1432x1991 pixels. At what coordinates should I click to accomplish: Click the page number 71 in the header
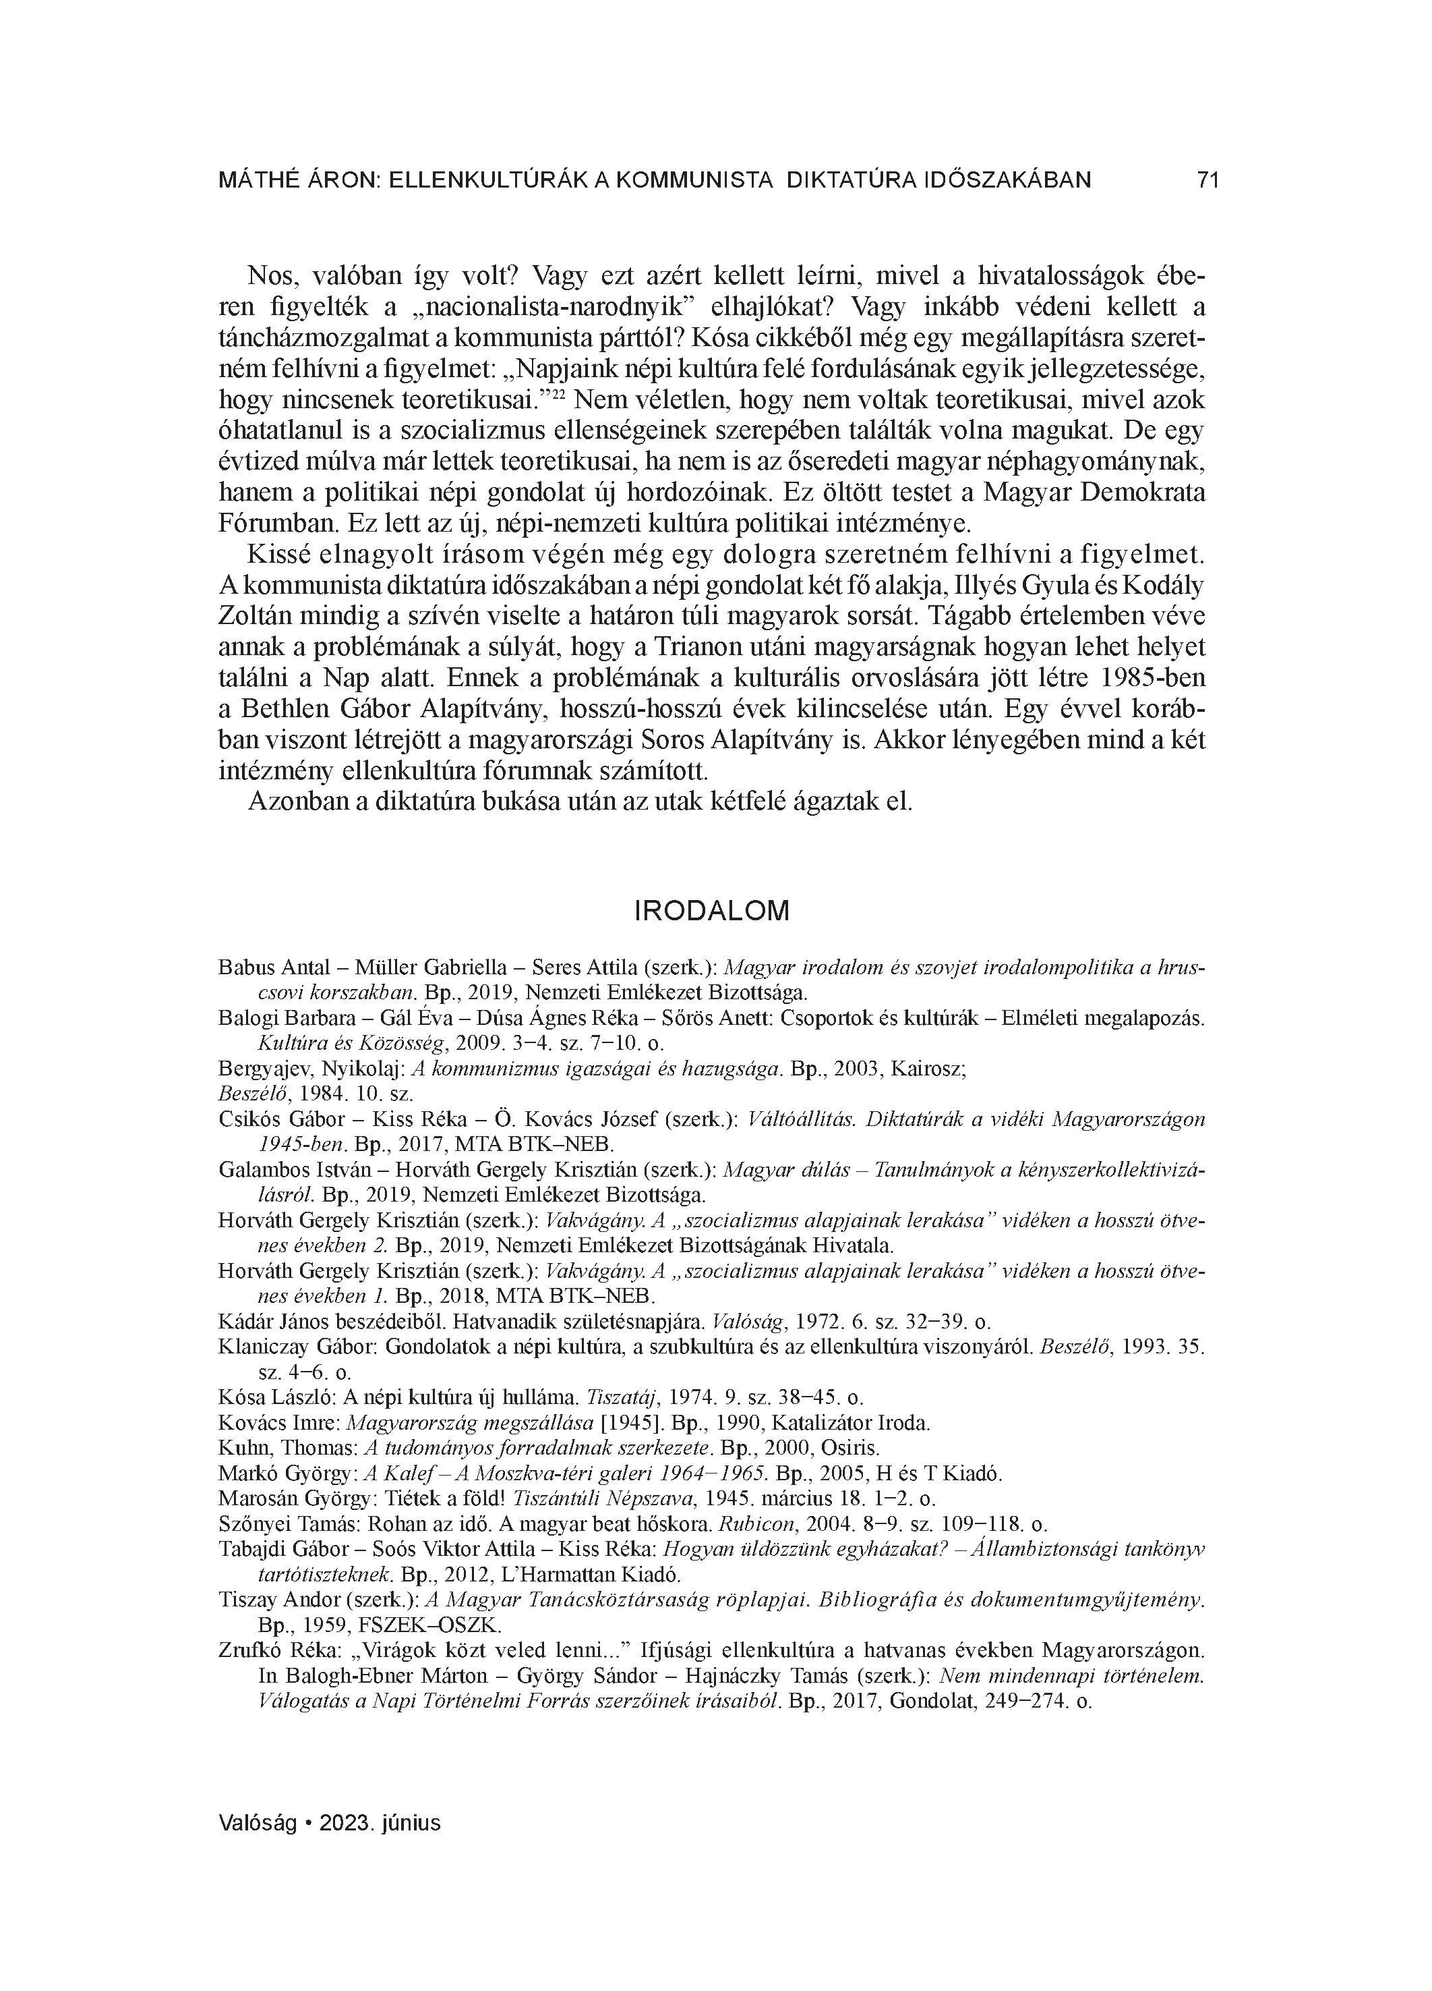(x=1207, y=180)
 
